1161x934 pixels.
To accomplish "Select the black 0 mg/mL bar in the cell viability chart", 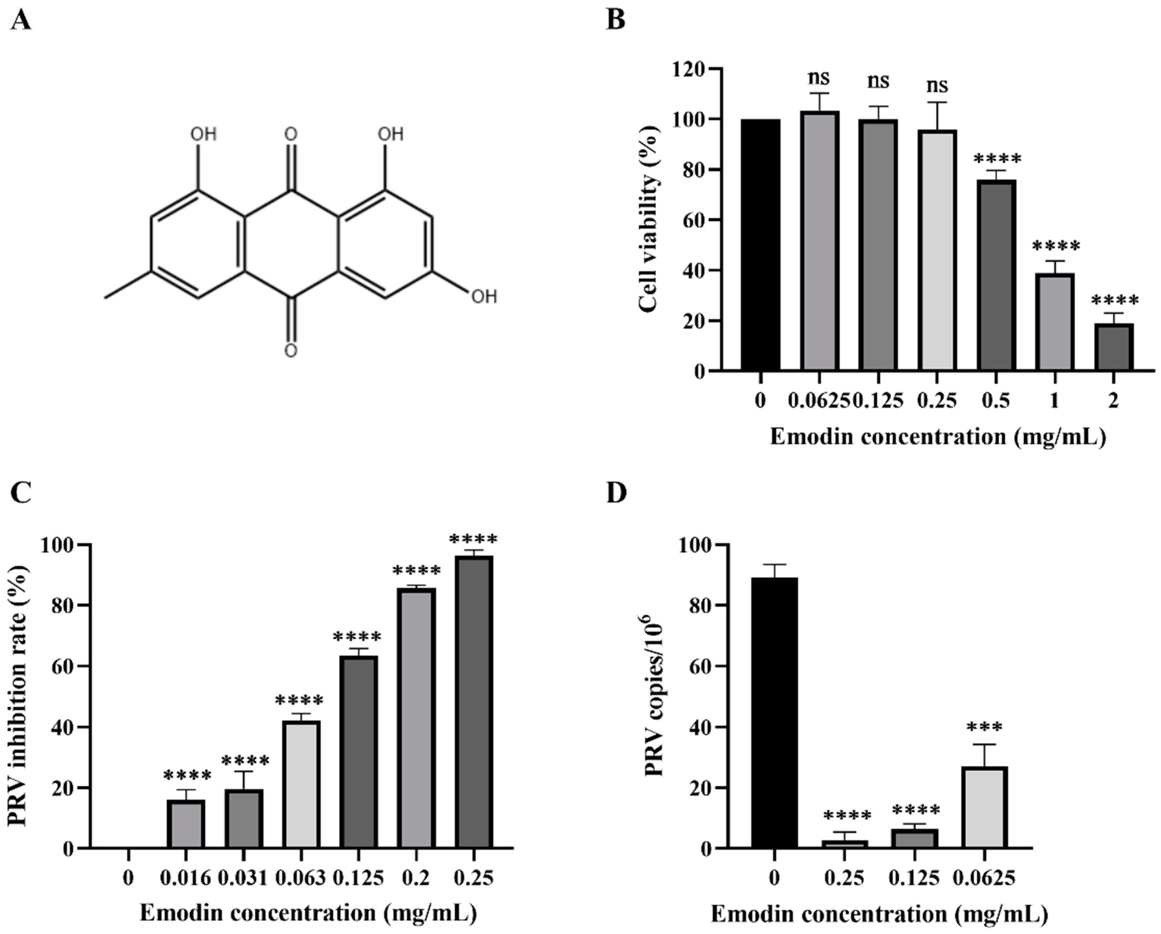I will click(x=760, y=245).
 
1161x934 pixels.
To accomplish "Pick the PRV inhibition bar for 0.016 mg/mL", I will click(x=186, y=824).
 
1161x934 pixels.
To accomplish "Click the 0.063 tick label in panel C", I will click(x=301, y=878).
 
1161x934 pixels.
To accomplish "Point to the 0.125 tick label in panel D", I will click(x=914, y=878).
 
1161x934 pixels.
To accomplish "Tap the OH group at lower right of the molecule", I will click(x=484, y=296).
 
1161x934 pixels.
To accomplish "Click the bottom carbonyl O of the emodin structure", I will click(x=291, y=351).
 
